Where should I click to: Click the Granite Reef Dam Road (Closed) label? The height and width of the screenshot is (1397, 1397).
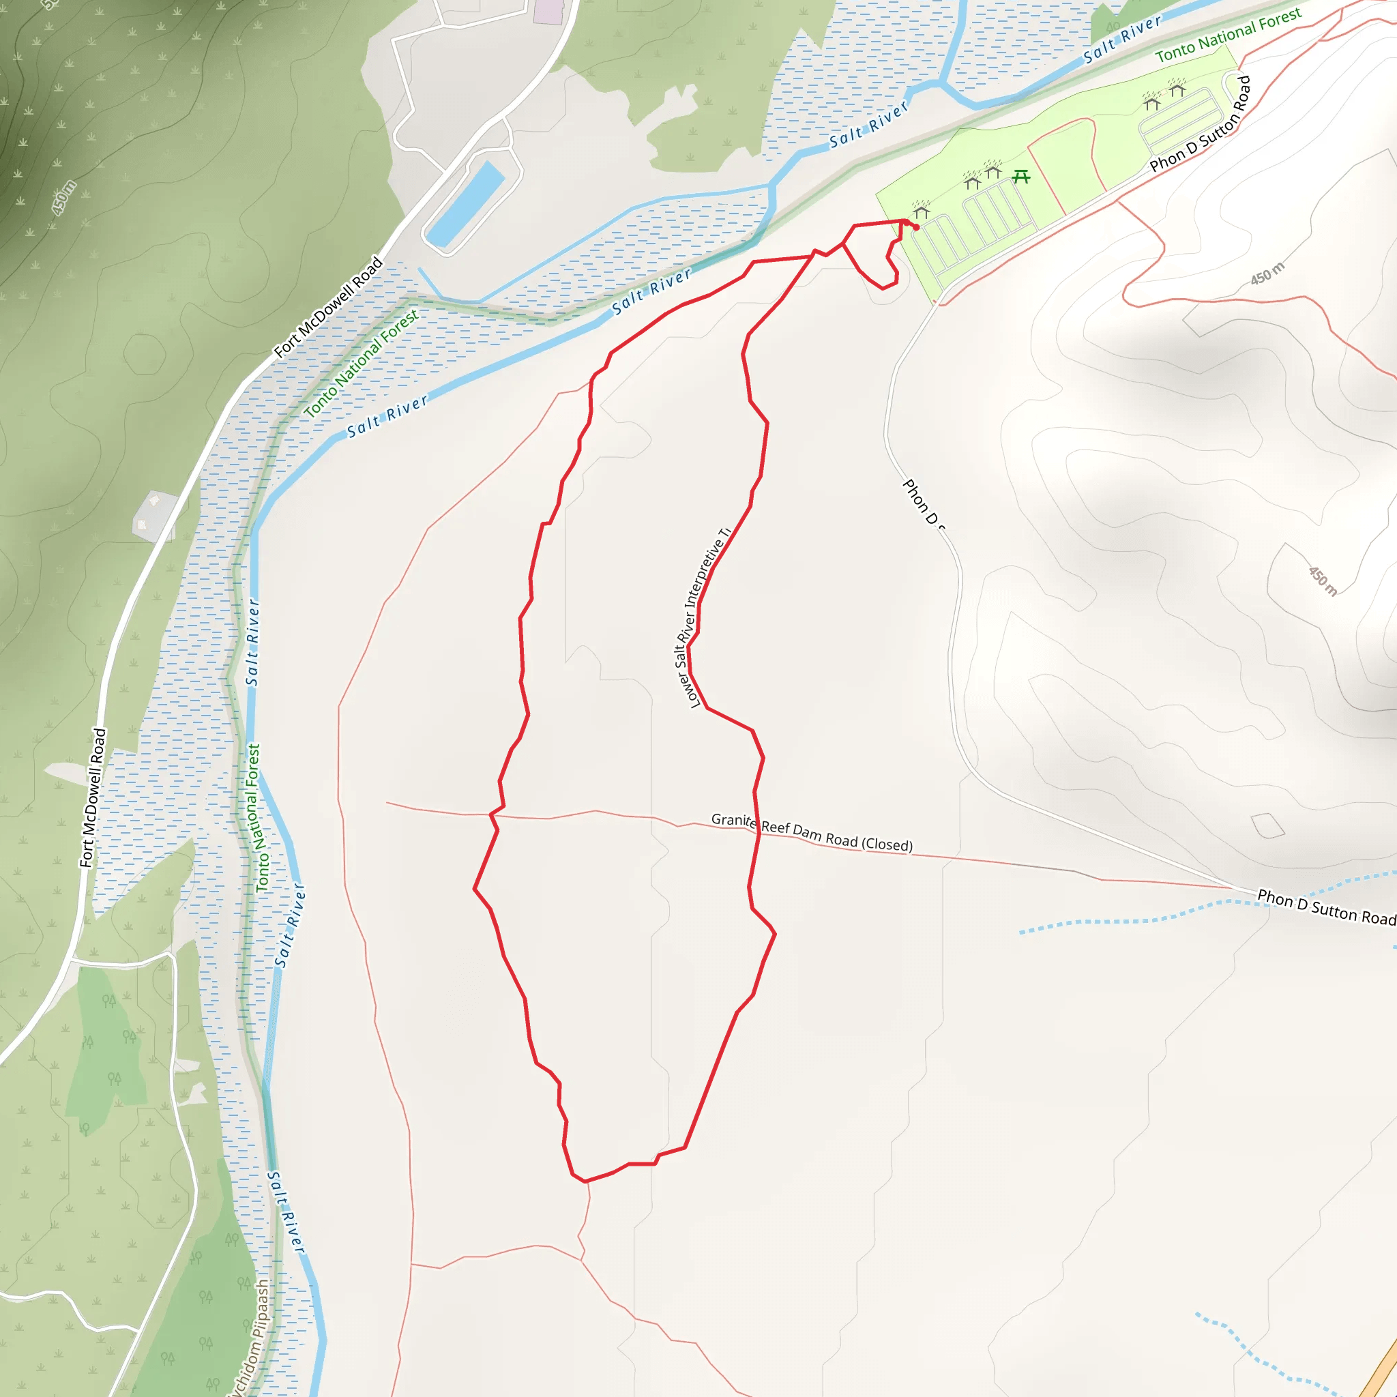811,832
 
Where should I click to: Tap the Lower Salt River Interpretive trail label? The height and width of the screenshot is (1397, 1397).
703,618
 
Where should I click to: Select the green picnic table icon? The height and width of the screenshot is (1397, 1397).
1021,176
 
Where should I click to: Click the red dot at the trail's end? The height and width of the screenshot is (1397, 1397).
916,228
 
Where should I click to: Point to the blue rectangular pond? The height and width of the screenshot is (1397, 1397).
465,205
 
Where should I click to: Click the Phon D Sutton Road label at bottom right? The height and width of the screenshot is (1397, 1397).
1326,907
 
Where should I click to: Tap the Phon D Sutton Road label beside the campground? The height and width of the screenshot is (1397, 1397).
1201,123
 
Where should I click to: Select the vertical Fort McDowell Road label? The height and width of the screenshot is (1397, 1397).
93,797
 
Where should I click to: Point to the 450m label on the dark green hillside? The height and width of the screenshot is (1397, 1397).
63,197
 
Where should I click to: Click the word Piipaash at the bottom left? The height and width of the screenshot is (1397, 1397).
259,1310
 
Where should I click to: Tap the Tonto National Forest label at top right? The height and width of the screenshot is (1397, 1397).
1228,34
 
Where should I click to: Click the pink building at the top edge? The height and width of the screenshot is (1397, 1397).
548,11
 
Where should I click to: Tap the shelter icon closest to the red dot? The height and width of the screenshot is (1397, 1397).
921,211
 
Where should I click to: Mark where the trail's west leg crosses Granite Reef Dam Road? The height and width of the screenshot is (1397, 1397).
494,815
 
